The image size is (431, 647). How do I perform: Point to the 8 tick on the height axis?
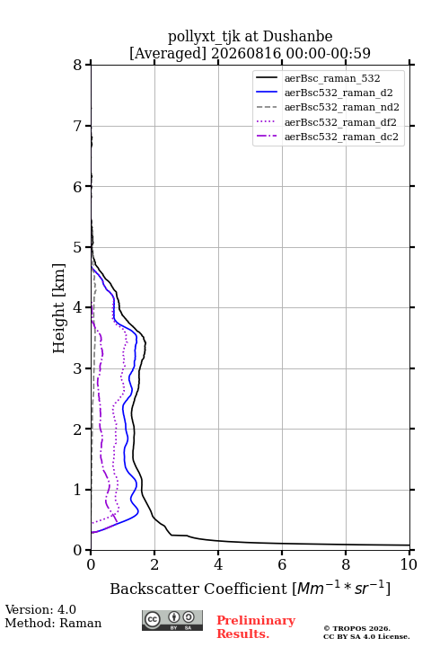click(78, 66)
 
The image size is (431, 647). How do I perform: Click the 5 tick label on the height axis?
click(78, 248)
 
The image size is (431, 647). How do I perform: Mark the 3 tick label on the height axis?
click(78, 368)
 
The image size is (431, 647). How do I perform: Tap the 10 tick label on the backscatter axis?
click(409, 564)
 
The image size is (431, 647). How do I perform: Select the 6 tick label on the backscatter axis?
click(282, 564)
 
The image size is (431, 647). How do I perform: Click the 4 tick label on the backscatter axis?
click(218, 564)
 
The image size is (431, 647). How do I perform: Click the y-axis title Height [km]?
click(59, 308)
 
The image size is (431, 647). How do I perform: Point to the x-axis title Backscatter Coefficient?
click(198, 589)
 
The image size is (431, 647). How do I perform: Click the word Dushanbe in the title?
click(297, 37)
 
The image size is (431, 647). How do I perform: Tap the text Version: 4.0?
click(40, 609)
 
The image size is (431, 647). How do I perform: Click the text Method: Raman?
click(53, 623)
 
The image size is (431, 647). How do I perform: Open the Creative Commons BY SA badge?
click(172, 621)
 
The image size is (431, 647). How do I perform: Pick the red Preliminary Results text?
click(256, 627)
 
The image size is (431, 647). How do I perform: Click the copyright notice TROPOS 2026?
click(356, 629)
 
